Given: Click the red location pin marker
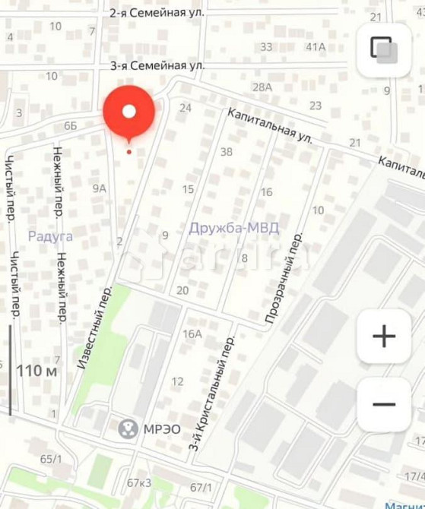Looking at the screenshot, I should (x=129, y=113).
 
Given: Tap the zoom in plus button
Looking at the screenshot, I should (x=384, y=336).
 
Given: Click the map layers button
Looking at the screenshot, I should (x=384, y=49).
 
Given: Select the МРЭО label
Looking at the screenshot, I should (x=162, y=429).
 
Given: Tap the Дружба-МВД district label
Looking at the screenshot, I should (x=233, y=228).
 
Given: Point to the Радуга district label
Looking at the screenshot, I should (x=50, y=236).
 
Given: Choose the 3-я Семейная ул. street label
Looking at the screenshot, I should (x=157, y=66).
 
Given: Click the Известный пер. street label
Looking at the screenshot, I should (x=94, y=327).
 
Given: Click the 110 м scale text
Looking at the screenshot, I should (x=37, y=371).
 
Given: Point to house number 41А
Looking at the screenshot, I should (x=316, y=46).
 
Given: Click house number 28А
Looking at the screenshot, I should (x=262, y=87).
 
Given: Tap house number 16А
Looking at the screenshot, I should (x=192, y=334).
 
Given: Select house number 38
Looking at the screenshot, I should (x=226, y=151).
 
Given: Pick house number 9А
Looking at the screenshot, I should (x=100, y=188).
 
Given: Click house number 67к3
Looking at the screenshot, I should (x=139, y=482).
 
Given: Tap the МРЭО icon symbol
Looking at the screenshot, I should (x=128, y=429).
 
